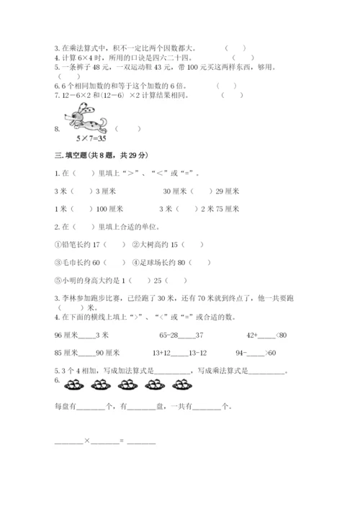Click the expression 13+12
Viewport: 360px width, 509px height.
162,353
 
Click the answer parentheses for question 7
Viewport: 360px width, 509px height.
228,94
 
